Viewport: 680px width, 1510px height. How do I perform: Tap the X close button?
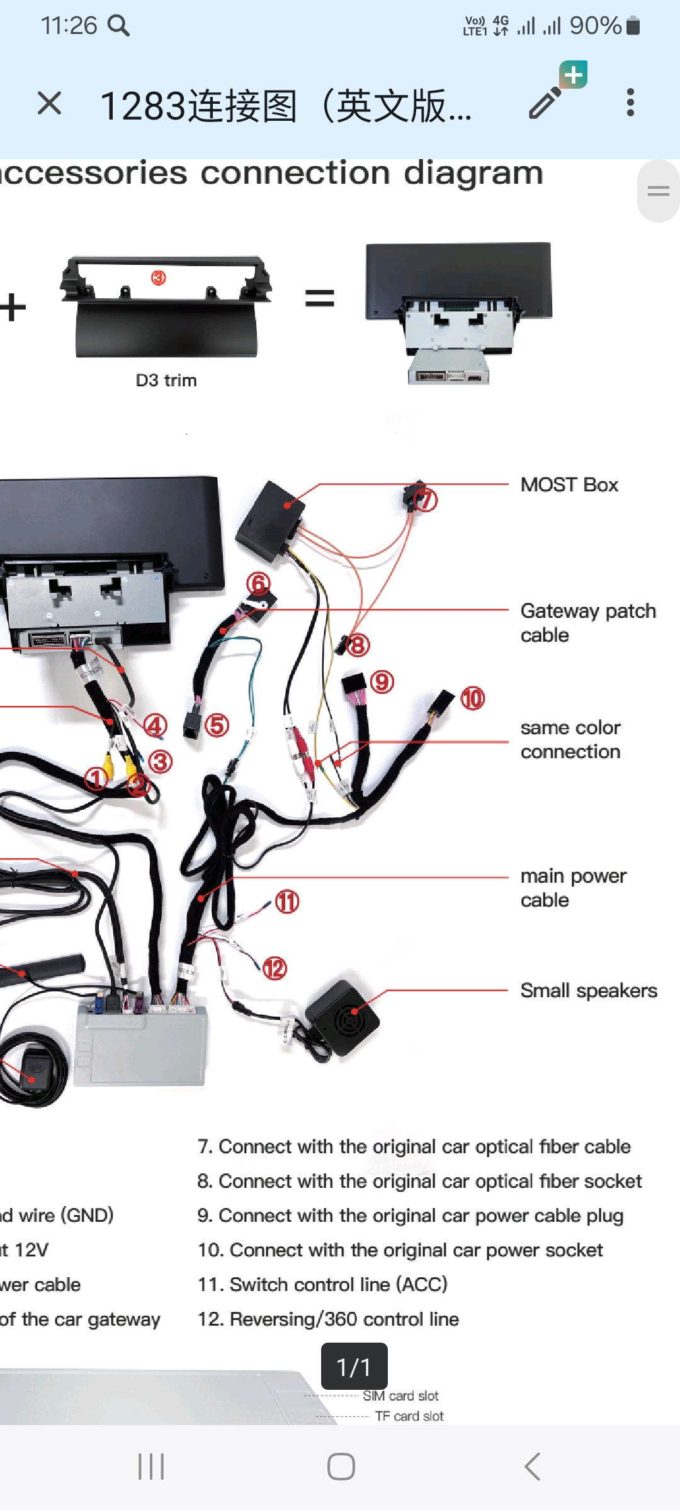(x=49, y=103)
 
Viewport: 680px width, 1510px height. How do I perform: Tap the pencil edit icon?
(x=545, y=103)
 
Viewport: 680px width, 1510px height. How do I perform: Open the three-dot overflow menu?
(x=630, y=103)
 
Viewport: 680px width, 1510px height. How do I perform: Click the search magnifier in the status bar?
(x=118, y=26)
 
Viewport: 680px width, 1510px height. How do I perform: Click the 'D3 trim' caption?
(x=166, y=381)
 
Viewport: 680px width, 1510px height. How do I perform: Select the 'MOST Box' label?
(x=569, y=485)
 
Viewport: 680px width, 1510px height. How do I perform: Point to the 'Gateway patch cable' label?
(x=587, y=622)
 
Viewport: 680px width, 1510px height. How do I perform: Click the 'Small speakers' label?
(x=588, y=991)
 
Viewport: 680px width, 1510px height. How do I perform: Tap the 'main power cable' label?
(x=573, y=888)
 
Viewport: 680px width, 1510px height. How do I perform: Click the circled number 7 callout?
(x=426, y=500)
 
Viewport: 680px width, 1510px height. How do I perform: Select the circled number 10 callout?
(x=473, y=698)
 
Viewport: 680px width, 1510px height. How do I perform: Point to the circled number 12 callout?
(x=275, y=968)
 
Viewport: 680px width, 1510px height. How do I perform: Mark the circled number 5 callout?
(x=217, y=725)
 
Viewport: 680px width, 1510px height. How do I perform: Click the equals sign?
(x=319, y=298)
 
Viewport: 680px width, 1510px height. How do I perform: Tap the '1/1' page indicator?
(x=354, y=1367)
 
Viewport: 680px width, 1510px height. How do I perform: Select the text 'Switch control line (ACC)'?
(x=338, y=1284)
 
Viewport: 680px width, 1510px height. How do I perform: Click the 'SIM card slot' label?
(x=400, y=1396)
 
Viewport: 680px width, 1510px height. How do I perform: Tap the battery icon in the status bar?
(x=633, y=26)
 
